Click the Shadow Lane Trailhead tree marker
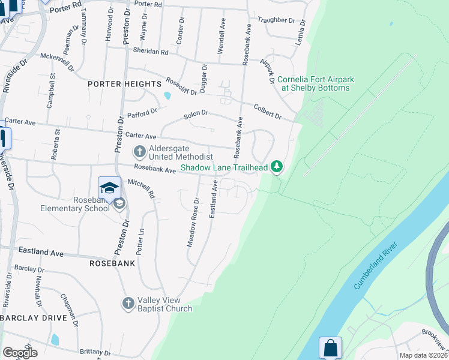coord(276,166)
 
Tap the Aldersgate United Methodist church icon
coord(139,151)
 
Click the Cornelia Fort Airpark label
coord(314,83)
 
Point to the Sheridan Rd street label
coord(151,52)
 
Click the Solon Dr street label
coord(196,113)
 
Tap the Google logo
coord(20,352)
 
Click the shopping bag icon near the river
coord(330,348)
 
